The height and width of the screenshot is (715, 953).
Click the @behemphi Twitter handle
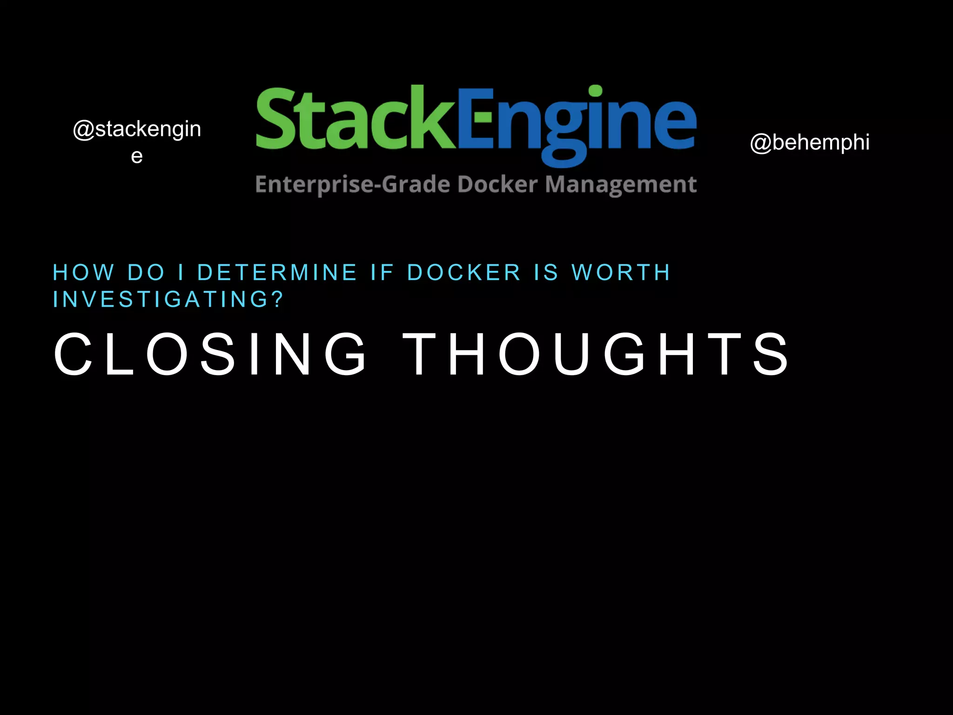click(x=809, y=142)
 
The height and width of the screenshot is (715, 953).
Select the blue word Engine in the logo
click(x=577, y=122)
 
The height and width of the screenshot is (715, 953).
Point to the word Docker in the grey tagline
click(x=497, y=184)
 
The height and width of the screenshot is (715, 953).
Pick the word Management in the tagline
click(x=621, y=185)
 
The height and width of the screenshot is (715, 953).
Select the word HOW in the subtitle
click(x=84, y=272)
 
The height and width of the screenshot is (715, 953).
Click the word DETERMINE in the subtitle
click(x=277, y=272)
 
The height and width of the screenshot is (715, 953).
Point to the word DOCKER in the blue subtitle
click(x=464, y=272)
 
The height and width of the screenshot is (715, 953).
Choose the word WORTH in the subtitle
click(x=621, y=272)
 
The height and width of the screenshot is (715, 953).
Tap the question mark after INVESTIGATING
click(x=278, y=299)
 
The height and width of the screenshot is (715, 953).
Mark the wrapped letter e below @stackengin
click(x=136, y=156)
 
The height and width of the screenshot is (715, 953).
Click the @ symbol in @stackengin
click(x=84, y=129)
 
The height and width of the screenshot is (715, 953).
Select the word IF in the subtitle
click(x=382, y=272)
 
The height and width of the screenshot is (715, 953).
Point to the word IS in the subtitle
click(x=546, y=272)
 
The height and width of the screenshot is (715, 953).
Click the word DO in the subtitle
click(x=146, y=272)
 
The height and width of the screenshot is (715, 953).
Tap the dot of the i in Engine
click(x=595, y=91)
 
